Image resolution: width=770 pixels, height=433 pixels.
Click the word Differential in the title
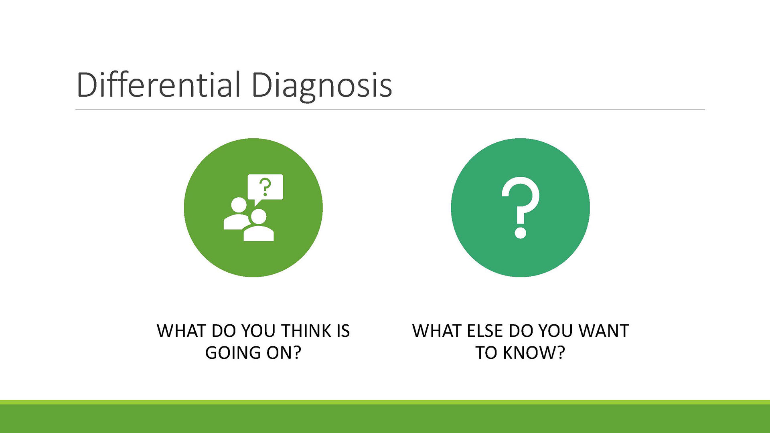click(159, 85)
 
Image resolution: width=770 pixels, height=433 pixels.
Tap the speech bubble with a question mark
click(265, 188)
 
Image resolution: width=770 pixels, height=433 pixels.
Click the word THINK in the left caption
click(306, 331)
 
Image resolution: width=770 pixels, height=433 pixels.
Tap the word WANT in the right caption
click(604, 331)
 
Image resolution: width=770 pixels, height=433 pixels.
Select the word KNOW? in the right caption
click(534, 353)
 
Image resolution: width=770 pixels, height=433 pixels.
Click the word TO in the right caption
click(486, 353)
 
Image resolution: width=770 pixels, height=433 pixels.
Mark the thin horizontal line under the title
click(390, 109)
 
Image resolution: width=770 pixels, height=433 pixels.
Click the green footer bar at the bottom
click(385, 417)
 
